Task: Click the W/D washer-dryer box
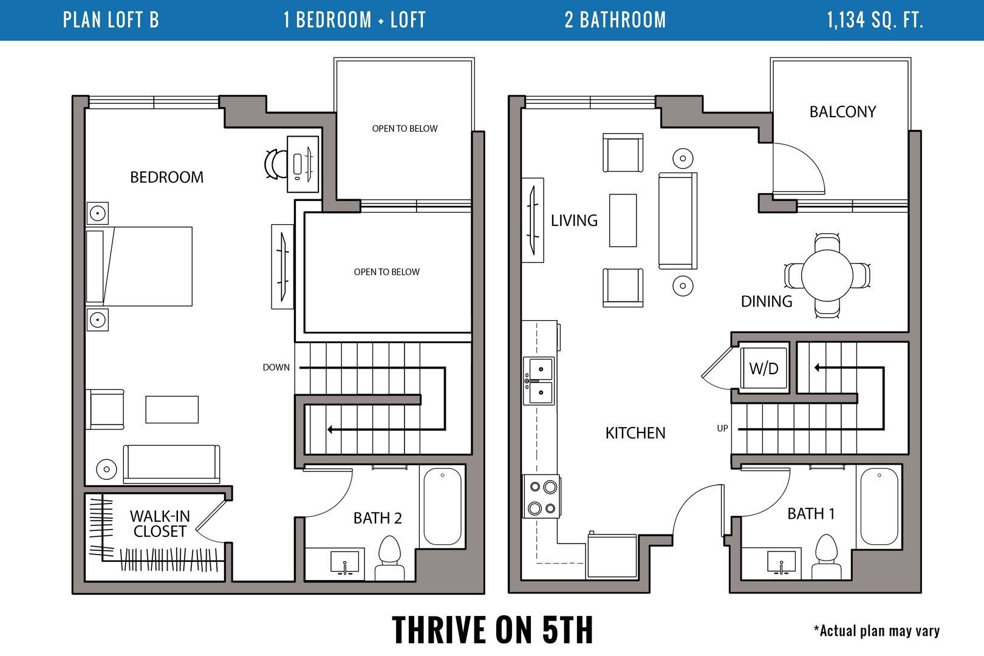[x=764, y=368]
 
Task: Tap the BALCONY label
[x=842, y=112]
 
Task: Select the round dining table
[x=827, y=275]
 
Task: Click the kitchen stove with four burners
[x=542, y=497]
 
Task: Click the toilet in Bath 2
[x=389, y=556]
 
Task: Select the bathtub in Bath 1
[x=879, y=507]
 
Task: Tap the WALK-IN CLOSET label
[x=160, y=524]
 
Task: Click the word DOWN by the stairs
[x=276, y=367]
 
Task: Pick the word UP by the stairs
[x=722, y=428]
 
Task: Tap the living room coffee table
[x=623, y=220]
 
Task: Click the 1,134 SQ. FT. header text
[x=875, y=20]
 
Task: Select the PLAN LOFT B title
[x=111, y=20]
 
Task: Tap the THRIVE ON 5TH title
[x=492, y=629]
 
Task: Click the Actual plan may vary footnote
[x=876, y=631]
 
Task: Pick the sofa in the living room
[x=677, y=220]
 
